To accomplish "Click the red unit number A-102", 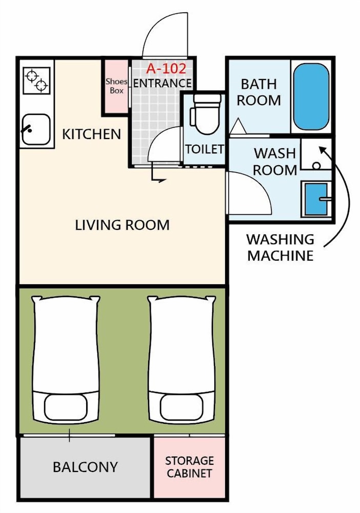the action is (166, 69).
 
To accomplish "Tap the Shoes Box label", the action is (116, 86).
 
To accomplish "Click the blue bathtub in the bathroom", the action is (311, 97).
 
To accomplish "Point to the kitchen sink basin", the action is (36, 129).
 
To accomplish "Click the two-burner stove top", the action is (36, 81).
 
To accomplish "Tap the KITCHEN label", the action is (92, 134).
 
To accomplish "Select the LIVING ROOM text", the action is (122, 225).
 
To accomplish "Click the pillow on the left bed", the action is (66, 407).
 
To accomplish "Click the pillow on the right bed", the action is (182, 407).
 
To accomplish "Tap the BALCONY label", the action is (85, 467).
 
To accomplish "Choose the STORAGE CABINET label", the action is (189, 467).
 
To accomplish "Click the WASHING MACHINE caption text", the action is (281, 247).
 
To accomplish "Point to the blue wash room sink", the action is (316, 199).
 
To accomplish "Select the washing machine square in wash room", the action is (316, 154).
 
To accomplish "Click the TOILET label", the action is (205, 149).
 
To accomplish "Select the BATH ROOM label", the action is (259, 92).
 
